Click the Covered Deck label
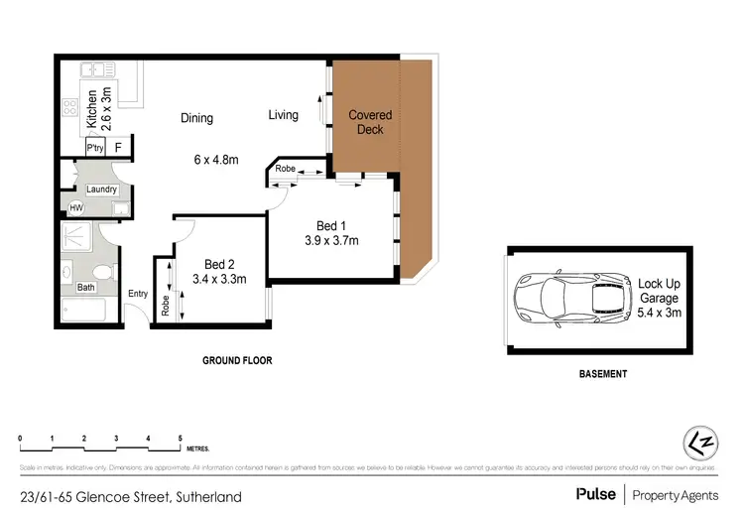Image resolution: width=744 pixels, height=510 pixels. tap(370, 122)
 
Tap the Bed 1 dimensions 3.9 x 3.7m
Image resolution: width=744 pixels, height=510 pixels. tap(331, 239)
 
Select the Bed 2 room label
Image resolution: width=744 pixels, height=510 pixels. tap(219, 264)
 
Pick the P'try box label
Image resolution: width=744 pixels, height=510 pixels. tap(95, 148)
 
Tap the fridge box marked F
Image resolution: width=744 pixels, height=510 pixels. tap(119, 148)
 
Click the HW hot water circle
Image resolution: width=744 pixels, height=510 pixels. tap(75, 207)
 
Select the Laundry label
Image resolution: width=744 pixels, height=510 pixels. tap(102, 190)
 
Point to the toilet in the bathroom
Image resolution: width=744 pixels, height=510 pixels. tap(100, 274)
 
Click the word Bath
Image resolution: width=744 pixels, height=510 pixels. tap(86, 288)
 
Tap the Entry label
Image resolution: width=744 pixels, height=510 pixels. tap(138, 293)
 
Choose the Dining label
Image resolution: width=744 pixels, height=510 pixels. tap(196, 118)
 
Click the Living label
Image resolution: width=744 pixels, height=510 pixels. tap(283, 115)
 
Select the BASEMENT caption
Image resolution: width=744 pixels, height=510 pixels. tap(602, 374)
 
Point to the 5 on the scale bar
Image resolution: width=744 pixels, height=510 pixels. tap(180, 438)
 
